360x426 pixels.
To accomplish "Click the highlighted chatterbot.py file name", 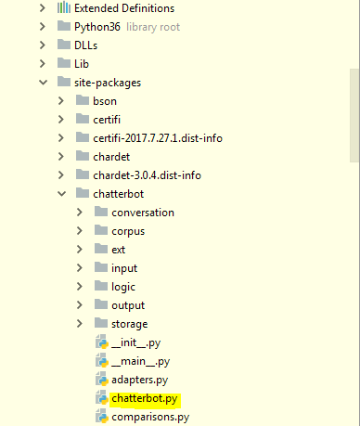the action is click(x=144, y=398).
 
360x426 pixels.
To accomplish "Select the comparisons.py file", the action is click(x=149, y=417).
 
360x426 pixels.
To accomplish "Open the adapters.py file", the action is click(x=139, y=380).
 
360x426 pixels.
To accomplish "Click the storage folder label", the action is click(x=129, y=324).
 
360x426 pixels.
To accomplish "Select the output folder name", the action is click(x=128, y=305).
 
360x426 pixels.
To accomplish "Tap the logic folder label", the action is click(x=122, y=287).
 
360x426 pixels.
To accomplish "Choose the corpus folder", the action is click(x=128, y=231).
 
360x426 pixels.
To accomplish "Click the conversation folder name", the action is click(x=142, y=213).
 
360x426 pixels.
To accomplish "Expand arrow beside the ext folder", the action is click(x=80, y=250).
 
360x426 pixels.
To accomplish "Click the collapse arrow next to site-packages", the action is click(x=42, y=83).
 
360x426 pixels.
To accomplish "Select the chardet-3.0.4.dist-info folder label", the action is click(x=147, y=175).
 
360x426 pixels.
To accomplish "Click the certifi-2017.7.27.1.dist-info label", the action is click(x=157, y=138).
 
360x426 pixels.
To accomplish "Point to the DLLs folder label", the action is click(x=85, y=45).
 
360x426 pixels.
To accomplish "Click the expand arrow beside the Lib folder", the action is click(x=42, y=64).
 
